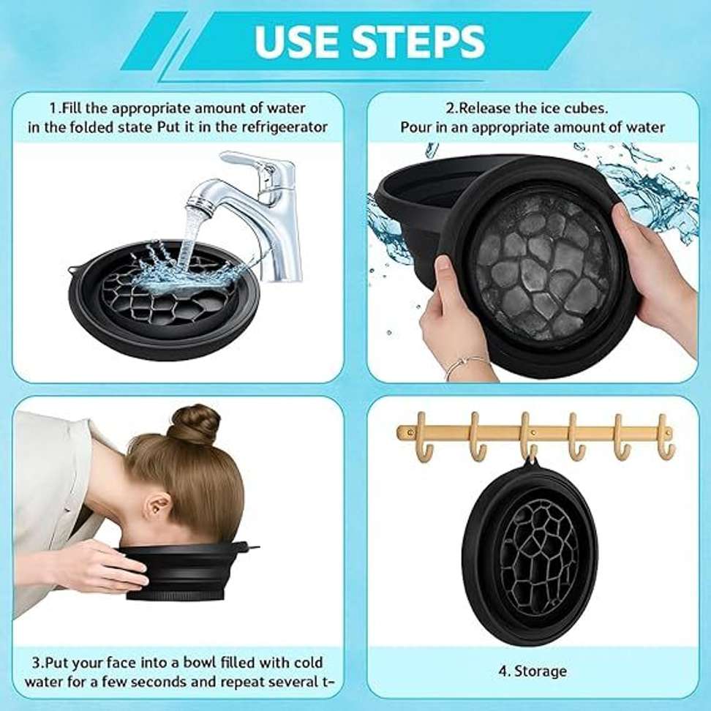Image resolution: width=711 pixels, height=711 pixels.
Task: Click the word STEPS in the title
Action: pyautogui.click(x=418, y=41)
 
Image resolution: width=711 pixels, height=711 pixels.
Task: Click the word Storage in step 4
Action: pyautogui.click(x=541, y=671)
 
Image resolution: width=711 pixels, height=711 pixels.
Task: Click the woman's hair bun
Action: pyautogui.click(x=194, y=424)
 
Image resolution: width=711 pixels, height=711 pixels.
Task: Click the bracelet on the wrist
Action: pyautogui.click(x=466, y=366)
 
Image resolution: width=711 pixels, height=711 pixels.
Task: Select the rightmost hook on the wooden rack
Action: pyautogui.click(x=665, y=436)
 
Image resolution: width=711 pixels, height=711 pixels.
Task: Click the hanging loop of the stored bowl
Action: pyautogui.click(x=532, y=462)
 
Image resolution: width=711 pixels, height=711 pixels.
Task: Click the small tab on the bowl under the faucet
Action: pyautogui.click(x=71, y=270)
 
